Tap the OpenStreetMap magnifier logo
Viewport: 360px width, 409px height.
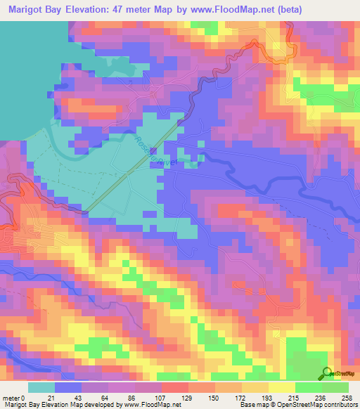point(328,373)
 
